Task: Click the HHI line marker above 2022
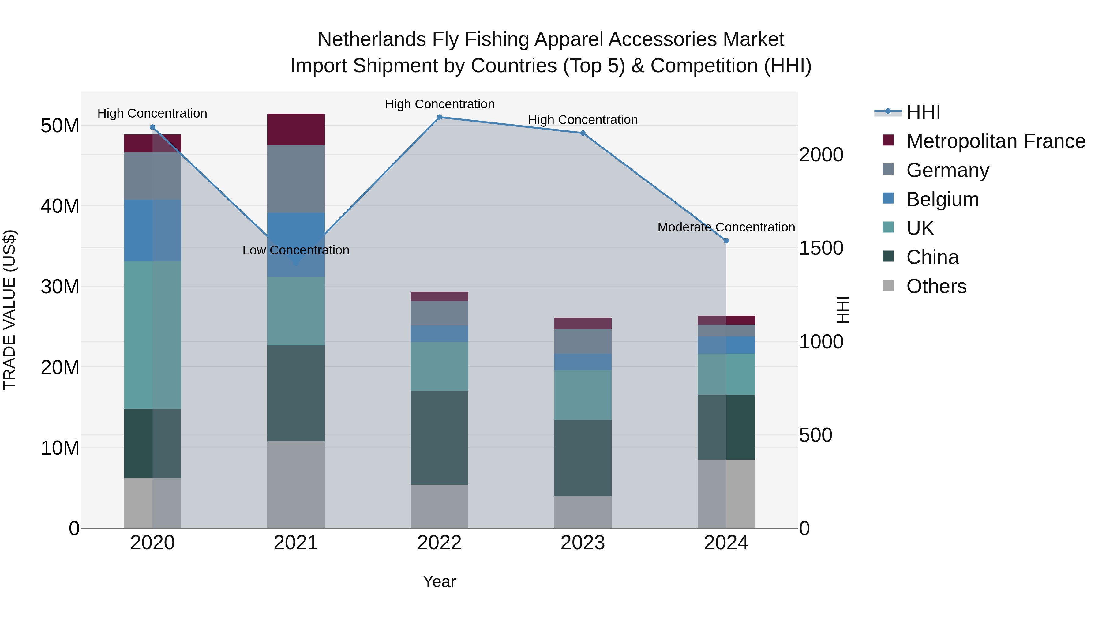pyautogui.click(x=439, y=117)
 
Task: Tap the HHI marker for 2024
pyautogui.click(x=726, y=241)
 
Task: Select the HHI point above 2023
pyautogui.click(x=583, y=133)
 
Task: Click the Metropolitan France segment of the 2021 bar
pyautogui.click(x=296, y=129)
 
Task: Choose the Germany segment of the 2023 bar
pyautogui.click(x=583, y=341)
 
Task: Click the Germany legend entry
pyautogui.click(x=947, y=170)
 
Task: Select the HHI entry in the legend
pyautogui.click(x=923, y=112)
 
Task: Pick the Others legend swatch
pyautogui.click(x=888, y=285)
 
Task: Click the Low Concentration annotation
pyautogui.click(x=296, y=250)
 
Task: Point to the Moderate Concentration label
pyautogui.click(x=726, y=227)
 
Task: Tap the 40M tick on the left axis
pyautogui.click(x=60, y=206)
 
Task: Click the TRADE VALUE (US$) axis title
pyautogui.click(x=9, y=310)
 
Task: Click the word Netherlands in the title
pyautogui.click(x=372, y=39)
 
